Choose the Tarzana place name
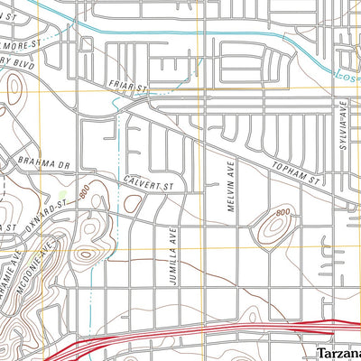coord(338,352)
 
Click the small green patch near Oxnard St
coord(61,193)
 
